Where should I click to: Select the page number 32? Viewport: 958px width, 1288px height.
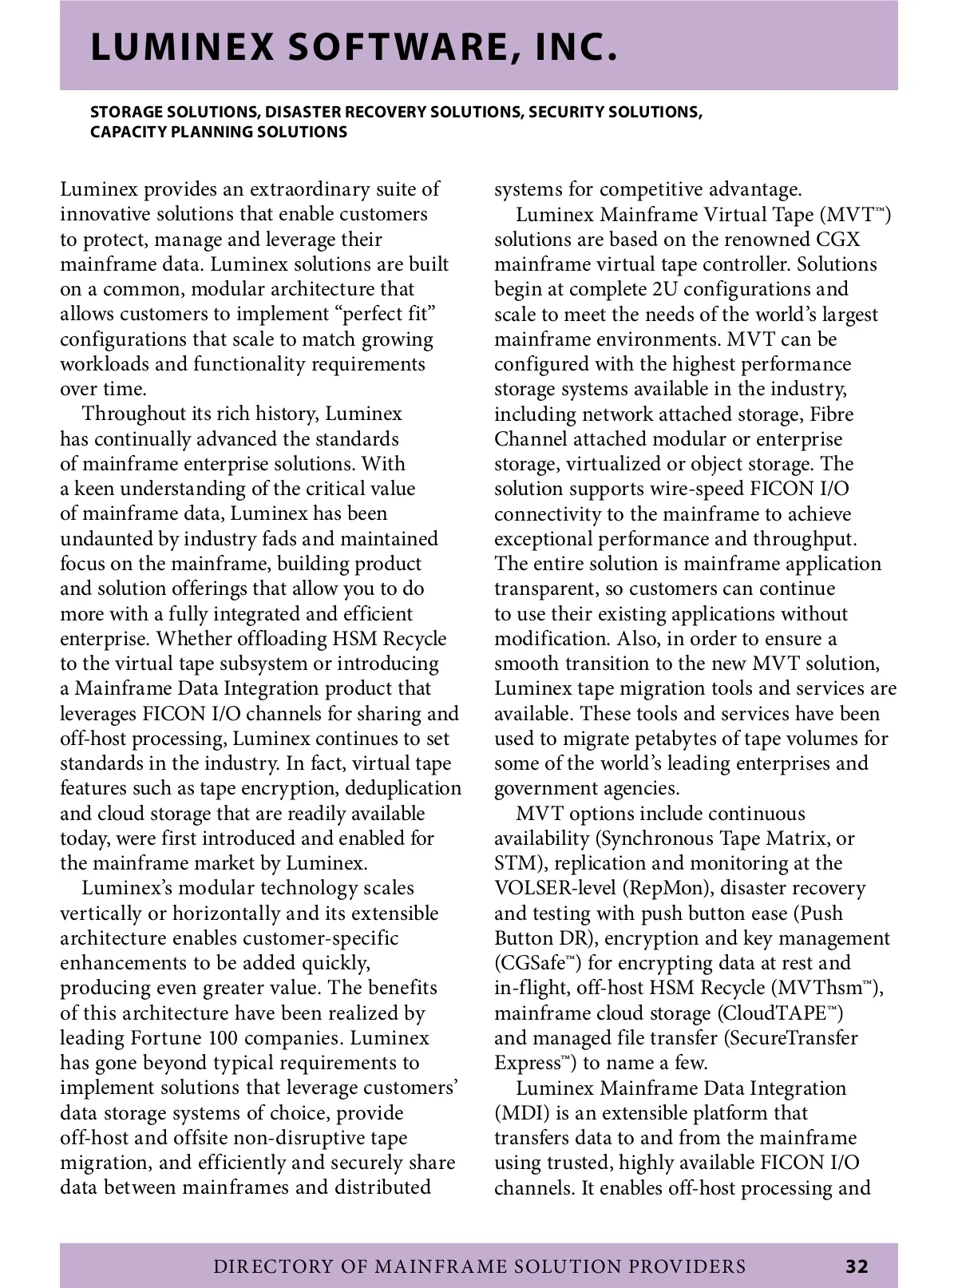coord(857,1266)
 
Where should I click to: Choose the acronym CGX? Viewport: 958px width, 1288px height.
coord(838,240)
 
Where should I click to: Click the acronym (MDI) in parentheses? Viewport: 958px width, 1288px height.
coord(520,1113)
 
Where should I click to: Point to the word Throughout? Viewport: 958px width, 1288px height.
coord(135,414)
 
